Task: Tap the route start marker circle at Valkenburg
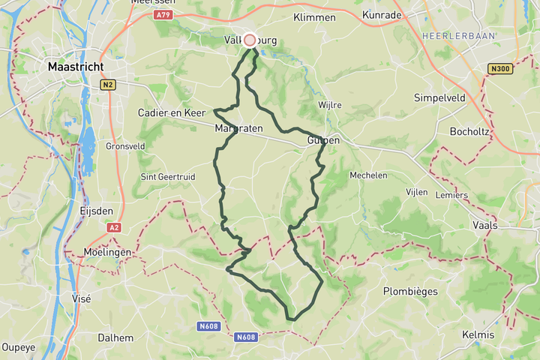(x=250, y=40)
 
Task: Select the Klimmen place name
(x=315, y=17)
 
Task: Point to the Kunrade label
(x=382, y=14)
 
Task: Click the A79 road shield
(x=162, y=14)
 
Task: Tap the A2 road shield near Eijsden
(x=114, y=227)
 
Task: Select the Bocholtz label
(x=470, y=131)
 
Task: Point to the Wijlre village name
(x=330, y=105)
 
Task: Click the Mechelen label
(x=368, y=175)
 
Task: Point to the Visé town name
(x=80, y=298)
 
